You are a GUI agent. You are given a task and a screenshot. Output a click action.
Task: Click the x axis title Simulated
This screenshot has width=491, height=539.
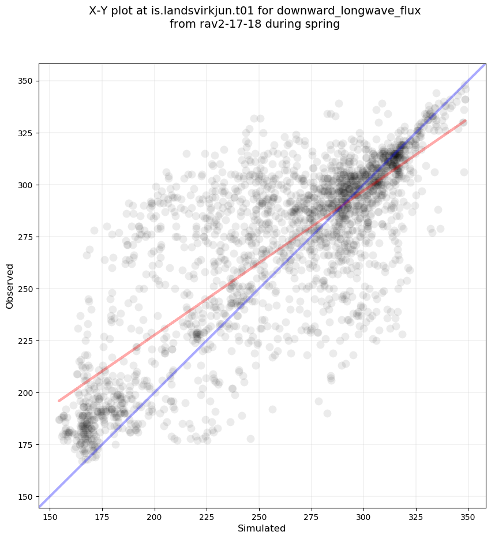[262, 528]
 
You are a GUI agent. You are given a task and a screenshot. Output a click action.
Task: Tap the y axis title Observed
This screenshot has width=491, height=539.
[10, 286]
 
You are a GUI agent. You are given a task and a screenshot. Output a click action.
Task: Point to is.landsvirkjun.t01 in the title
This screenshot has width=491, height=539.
[200, 11]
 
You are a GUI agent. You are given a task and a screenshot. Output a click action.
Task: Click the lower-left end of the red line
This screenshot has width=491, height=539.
[59, 401]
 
